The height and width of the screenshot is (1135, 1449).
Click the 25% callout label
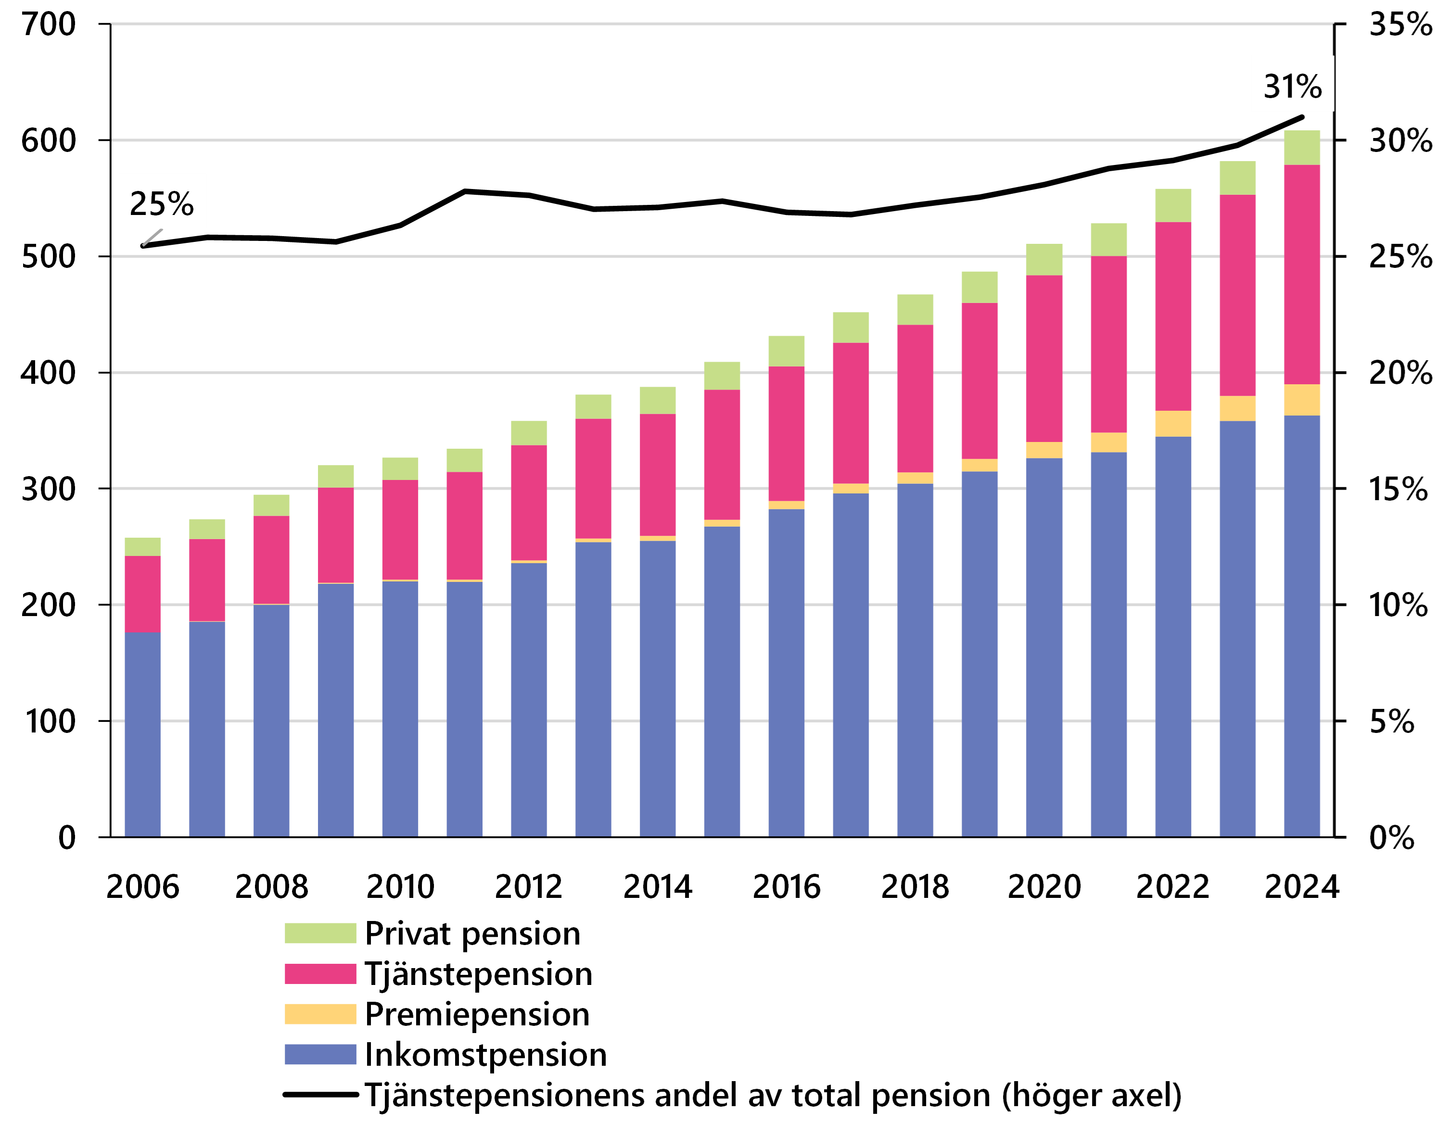click(162, 202)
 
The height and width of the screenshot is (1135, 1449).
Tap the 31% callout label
click(1292, 84)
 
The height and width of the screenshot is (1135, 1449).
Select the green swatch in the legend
click(320, 933)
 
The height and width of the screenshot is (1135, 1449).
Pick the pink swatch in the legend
click(320, 973)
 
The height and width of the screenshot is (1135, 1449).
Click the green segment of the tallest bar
click(1301, 148)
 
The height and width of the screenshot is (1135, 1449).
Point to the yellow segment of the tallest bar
click(1301, 400)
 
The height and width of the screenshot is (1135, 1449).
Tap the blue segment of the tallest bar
click(1301, 625)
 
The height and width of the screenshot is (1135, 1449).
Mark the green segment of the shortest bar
click(143, 547)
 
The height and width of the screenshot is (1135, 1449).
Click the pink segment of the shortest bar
click(143, 594)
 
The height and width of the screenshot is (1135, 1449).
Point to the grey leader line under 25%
click(153, 237)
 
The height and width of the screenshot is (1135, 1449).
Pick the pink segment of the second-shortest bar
click(207, 580)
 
